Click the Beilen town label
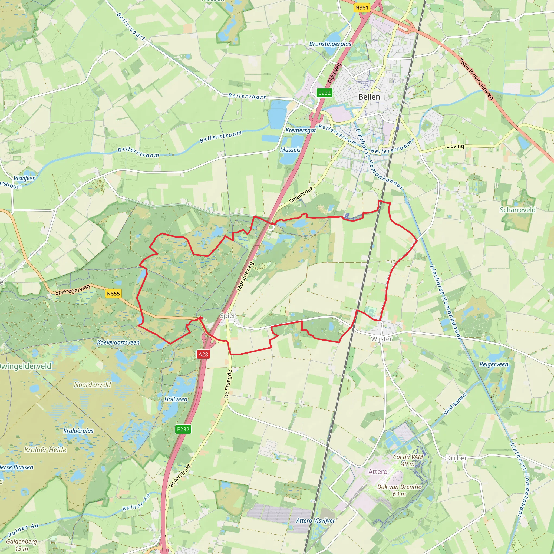click(x=369, y=97)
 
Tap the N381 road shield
click(x=361, y=8)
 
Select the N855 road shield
click(x=113, y=293)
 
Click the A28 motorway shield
click(x=203, y=354)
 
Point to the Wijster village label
click(x=381, y=339)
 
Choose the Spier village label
click(x=228, y=316)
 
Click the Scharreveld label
click(x=517, y=210)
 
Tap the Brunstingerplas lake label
click(x=330, y=44)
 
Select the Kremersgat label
click(x=301, y=130)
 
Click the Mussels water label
click(x=290, y=150)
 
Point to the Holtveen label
click(x=176, y=399)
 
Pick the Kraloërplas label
click(x=78, y=431)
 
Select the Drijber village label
click(x=457, y=458)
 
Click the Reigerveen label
click(x=494, y=364)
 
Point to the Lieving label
click(x=455, y=146)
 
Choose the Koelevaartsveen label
click(x=118, y=342)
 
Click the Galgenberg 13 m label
click(x=22, y=545)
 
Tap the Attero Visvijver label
click(x=315, y=520)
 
